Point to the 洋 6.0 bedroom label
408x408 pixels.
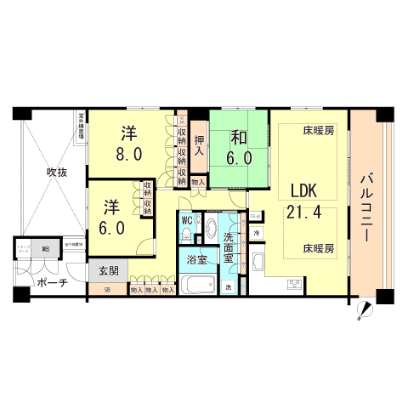pos(116,216)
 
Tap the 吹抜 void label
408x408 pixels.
pos(57,171)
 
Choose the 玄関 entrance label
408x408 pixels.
pos(108,271)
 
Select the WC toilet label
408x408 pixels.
pos(187,220)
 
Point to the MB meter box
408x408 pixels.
pos(46,249)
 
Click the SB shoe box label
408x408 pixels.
pos(107,290)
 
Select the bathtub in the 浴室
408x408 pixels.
pos(200,285)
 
